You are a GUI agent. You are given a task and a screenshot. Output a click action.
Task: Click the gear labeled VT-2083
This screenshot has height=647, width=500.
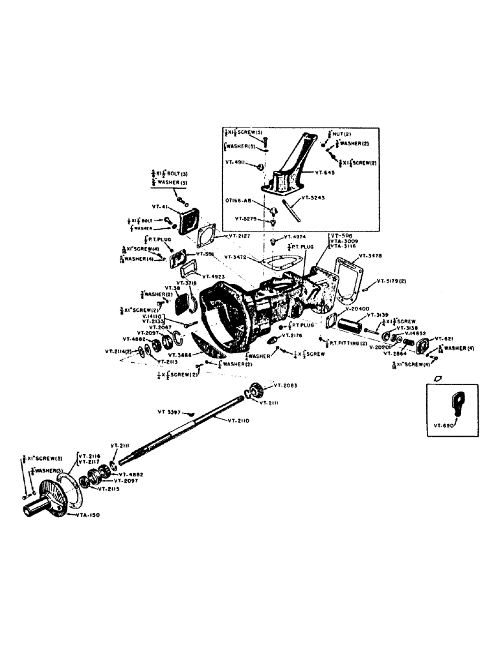pos(255,391)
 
